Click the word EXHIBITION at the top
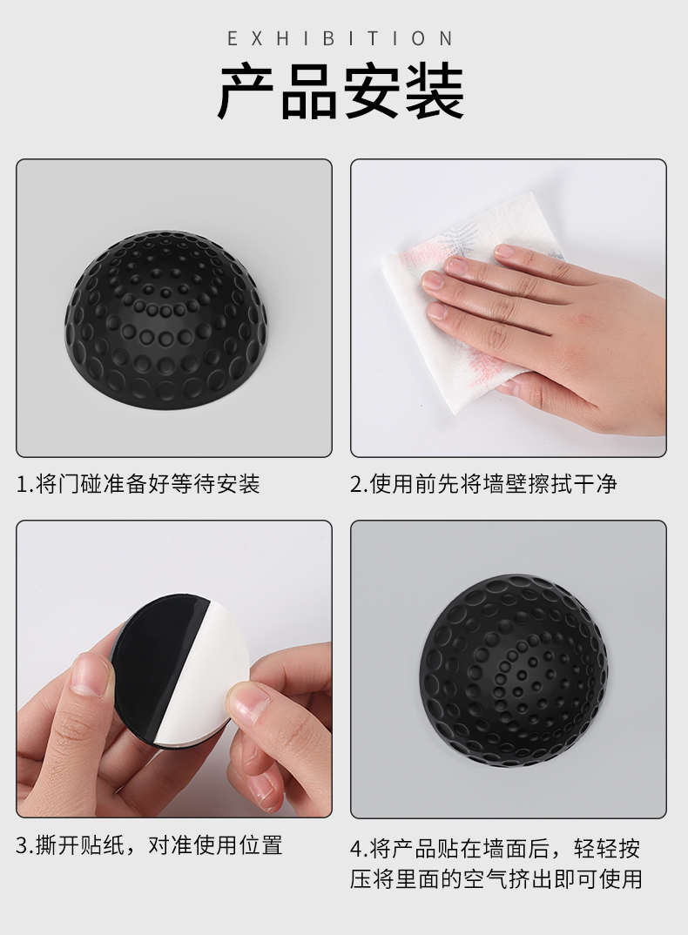(x=341, y=39)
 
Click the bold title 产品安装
(x=341, y=92)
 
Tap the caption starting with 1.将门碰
(x=138, y=483)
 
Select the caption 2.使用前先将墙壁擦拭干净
(x=483, y=483)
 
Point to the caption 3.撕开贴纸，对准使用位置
(x=149, y=845)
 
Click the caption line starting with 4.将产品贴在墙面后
(x=496, y=849)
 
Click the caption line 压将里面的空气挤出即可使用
(x=496, y=879)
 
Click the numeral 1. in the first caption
(x=24, y=484)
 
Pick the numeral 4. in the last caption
(x=359, y=849)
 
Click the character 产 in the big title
(x=246, y=92)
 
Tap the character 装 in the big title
(x=435, y=92)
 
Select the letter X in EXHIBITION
(x=257, y=39)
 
